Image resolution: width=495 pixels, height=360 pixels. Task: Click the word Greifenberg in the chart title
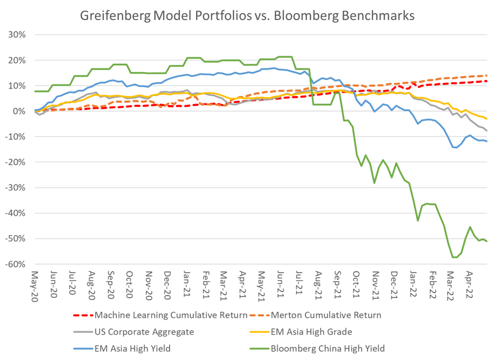pos(115,16)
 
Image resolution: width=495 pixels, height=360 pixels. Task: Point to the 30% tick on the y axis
pos(17,35)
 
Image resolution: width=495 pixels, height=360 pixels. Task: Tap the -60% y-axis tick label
pos(15,264)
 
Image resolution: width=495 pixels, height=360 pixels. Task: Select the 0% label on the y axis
pos(19,111)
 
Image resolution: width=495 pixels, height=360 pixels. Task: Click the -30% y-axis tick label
pos(15,187)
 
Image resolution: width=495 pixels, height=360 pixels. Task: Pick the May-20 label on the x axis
pos(34,286)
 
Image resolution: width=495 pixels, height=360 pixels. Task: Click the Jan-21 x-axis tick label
pos(187,284)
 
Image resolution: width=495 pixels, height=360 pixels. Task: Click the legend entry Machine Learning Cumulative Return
pos(160,315)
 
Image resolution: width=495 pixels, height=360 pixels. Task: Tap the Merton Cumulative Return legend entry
pos(315,315)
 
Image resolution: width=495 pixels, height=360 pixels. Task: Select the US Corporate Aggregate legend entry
pos(133,332)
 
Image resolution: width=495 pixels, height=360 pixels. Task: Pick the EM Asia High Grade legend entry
pos(301,332)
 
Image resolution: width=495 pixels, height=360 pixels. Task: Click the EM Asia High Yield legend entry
pos(122,348)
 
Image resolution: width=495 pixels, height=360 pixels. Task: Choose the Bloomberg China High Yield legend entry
pos(317,348)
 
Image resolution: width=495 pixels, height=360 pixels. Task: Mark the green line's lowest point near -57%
pos(455,258)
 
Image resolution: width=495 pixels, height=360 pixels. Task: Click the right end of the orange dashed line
pos(487,75)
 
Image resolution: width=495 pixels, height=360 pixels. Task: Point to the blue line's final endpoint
pos(487,141)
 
